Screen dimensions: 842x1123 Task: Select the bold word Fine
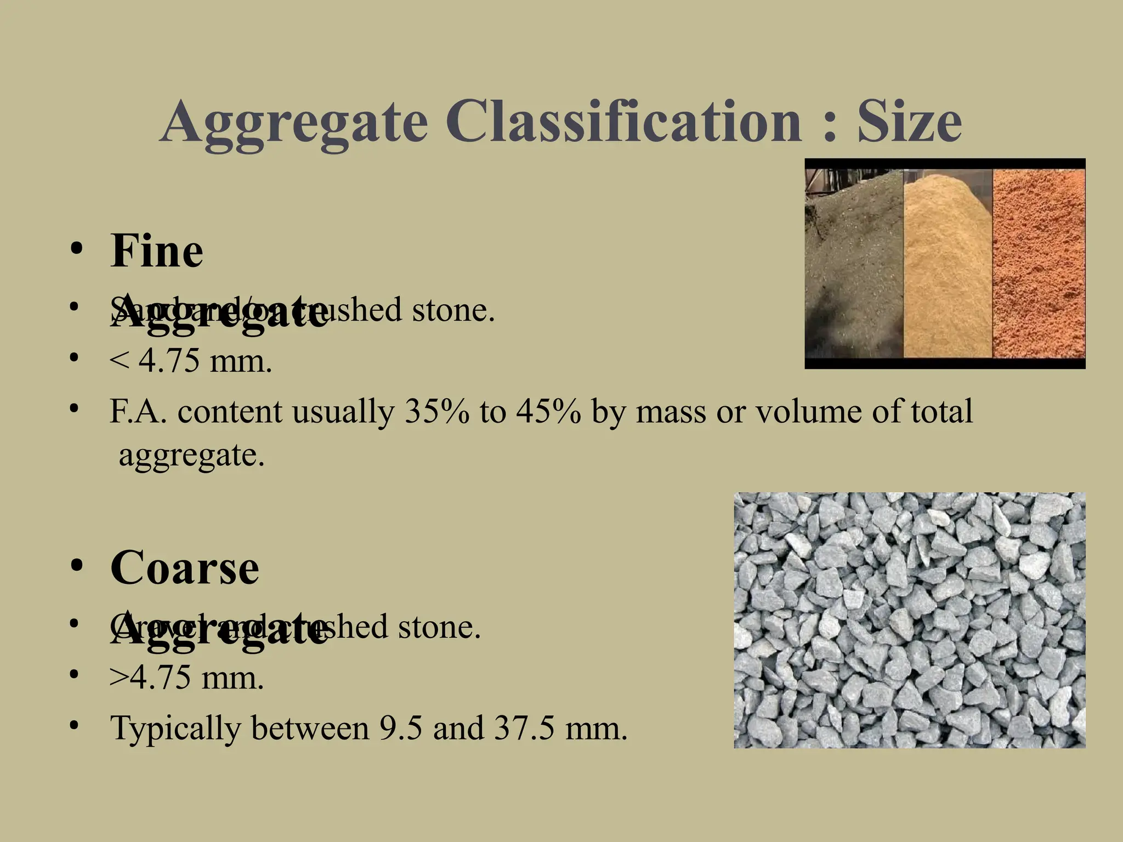157,252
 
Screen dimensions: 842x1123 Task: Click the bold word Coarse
185,568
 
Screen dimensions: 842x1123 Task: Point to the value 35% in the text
436,412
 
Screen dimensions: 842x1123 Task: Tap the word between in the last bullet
310,728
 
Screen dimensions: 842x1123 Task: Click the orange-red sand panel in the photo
1039,263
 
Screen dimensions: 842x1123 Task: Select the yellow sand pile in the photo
948,263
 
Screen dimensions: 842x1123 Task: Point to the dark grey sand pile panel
853,263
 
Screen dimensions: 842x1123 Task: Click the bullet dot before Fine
76,250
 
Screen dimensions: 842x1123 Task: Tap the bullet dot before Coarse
76,566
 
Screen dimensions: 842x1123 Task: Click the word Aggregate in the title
294,122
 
